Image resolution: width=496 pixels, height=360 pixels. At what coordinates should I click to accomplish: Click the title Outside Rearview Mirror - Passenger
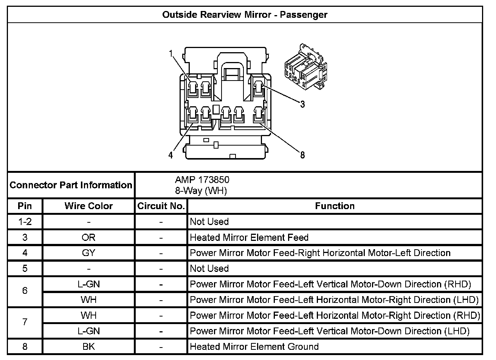point(245,15)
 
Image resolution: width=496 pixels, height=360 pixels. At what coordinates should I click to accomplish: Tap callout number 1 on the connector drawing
point(171,54)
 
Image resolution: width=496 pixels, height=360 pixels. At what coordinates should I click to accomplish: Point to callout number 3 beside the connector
point(302,104)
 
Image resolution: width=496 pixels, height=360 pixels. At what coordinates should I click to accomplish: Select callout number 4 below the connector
point(171,155)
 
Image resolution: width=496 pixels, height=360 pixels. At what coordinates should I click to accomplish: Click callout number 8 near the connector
point(302,155)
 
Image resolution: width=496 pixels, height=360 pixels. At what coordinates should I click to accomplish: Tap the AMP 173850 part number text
point(202,180)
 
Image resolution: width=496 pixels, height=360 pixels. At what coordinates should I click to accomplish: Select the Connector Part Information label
point(71,185)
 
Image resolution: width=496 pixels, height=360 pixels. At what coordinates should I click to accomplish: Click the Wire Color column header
point(88,206)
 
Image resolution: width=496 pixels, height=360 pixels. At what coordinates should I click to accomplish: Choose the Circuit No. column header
point(161,206)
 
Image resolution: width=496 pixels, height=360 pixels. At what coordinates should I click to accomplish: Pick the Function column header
point(335,206)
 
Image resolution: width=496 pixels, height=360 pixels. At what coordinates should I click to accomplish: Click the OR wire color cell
point(88,237)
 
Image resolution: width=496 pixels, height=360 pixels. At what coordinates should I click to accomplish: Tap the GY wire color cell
point(88,253)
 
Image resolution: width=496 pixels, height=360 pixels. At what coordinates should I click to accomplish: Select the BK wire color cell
point(88,347)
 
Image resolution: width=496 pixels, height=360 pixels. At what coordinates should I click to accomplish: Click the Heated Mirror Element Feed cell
point(249,237)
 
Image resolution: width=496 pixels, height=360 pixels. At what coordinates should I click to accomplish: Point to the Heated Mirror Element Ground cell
point(254,347)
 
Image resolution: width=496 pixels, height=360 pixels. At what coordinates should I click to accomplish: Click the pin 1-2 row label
point(25,222)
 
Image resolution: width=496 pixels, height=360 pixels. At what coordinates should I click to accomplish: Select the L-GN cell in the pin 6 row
point(88,284)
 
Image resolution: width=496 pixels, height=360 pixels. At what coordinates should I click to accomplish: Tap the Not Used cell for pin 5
point(209,268)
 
